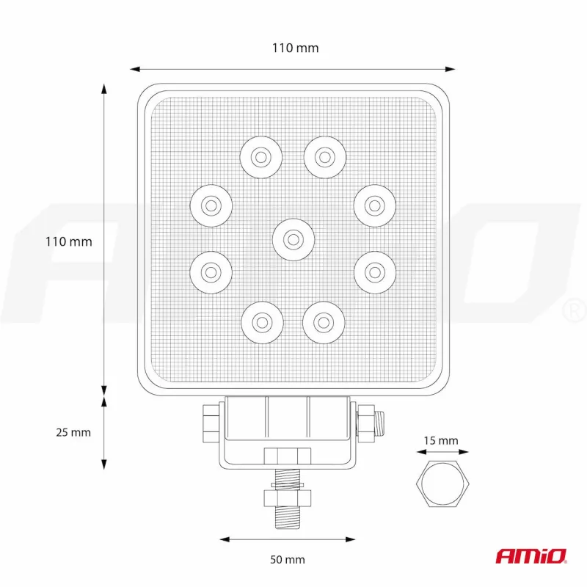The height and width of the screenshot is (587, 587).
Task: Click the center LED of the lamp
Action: point(292,238)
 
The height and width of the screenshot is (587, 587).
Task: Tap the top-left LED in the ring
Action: point(260,156)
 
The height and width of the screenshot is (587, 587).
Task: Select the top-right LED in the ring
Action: point(324,156)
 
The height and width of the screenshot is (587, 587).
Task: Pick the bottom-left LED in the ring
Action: point(260,321)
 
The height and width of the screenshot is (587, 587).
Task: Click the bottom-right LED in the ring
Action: point(324,321)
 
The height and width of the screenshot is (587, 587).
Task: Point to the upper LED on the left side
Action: point(211,204)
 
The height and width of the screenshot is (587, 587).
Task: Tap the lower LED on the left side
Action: point(211,272)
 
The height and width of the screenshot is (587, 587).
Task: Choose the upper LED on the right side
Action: point(374,205)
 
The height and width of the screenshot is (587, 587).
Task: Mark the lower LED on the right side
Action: point(374,272)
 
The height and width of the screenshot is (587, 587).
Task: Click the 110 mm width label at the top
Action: point(295,48)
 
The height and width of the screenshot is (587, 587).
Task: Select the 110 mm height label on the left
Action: point(70,241)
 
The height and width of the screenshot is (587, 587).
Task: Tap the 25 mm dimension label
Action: point(73,432)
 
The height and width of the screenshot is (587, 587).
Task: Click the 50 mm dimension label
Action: point(287,560)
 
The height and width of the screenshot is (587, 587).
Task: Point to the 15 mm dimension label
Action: point(440,441)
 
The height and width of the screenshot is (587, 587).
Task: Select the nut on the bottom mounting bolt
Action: point(288,499)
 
